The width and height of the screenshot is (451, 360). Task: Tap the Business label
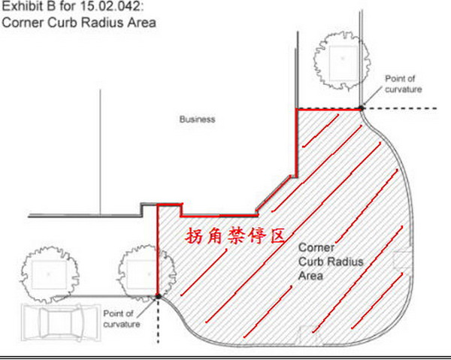[x=197, y=119]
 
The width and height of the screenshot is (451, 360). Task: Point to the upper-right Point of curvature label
[x=404, y=83]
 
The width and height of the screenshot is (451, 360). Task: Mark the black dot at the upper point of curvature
[x=362, y=109]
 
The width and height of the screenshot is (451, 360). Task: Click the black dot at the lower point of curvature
[x=158, y=296]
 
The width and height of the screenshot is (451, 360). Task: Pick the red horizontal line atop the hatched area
[x=328, y=109]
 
